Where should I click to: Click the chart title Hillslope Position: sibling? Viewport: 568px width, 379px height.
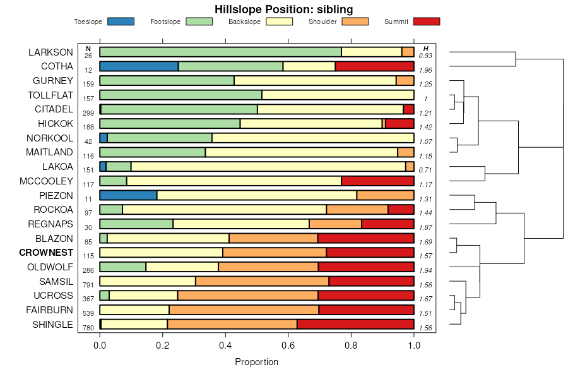(283, 9)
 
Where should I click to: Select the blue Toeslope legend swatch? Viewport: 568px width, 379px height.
(121, 21)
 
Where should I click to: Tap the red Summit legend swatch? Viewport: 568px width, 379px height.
(426, 21)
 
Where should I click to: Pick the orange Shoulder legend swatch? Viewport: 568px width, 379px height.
(355, 21)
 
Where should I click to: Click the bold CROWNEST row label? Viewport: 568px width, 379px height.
(46, 252)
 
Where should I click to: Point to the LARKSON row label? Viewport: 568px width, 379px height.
(50, 52)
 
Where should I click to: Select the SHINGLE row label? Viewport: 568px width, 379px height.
(52, 325)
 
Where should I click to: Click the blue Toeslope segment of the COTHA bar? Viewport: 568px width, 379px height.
(139, 66)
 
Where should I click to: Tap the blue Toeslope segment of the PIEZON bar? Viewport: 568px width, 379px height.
(128, 195)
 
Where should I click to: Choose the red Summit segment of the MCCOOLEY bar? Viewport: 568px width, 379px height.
(377, 181)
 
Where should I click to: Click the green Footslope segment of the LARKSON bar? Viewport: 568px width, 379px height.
(220, 52)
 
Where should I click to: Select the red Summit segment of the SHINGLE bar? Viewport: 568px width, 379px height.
(355, 324)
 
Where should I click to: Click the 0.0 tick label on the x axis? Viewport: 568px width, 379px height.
(100, 346)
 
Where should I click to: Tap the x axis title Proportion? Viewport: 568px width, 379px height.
(256, 362)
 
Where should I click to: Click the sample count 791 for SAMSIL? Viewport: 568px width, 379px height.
(88, 284)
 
